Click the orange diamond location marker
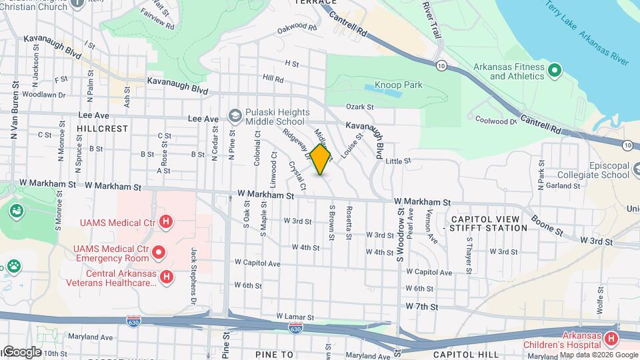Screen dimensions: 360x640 [321, 159]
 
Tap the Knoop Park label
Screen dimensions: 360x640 [399, 85]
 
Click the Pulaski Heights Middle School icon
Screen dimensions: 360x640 [235, 116]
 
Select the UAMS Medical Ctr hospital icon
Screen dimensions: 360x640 [167, 221]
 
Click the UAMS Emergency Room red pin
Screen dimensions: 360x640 [159, 252]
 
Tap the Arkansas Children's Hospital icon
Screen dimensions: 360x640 [610, 339]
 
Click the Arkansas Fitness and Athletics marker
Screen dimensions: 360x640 [554, 69]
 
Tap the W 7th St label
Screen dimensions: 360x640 [422, 307]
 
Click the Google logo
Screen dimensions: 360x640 [21, 351]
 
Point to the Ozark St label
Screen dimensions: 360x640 [359, 107]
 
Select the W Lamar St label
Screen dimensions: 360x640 [295, 316]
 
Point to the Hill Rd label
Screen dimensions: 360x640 [273, 79]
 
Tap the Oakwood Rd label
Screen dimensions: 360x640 [297, 27]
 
